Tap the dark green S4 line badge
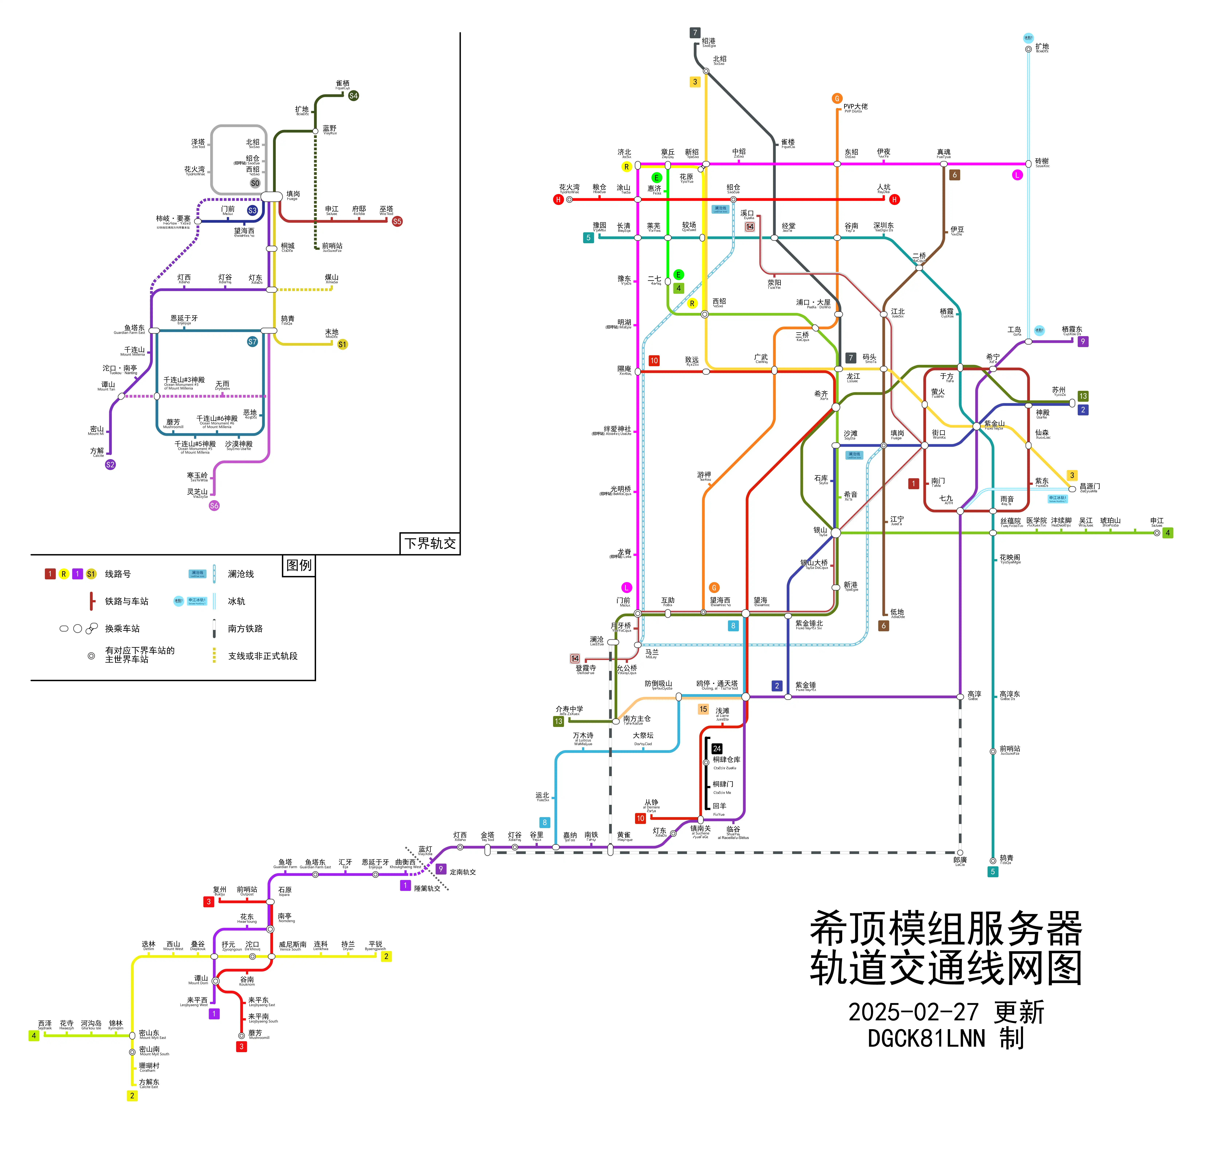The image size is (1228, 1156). point(353,96)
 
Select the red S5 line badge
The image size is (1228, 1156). point(397,221)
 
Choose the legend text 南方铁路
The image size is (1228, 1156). point(245,628)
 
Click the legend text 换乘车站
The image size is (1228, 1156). point(122,628)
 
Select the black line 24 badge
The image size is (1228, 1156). point(716,748)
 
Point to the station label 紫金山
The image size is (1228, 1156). point(994,423)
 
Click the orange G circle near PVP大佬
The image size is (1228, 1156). point(837,98)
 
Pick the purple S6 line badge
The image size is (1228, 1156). point(214,505)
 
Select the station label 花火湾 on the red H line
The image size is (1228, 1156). point(569,187)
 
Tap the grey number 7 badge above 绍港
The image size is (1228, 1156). point(695,33)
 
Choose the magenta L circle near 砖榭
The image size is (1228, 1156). point(1017,175)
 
